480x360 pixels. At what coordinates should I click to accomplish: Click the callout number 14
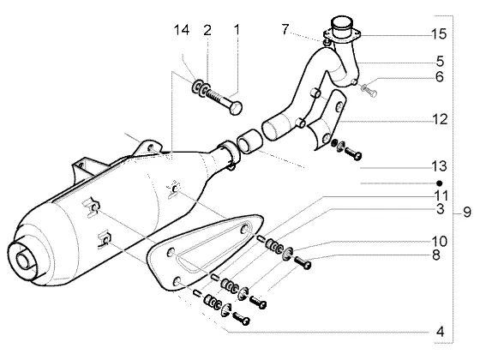pos(182,30)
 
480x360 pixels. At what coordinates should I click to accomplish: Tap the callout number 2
pos(207,30)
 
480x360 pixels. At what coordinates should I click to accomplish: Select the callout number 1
pos(237,30)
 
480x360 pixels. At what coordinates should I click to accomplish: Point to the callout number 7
pos(285,29)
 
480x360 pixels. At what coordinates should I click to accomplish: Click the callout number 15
pos(439,34)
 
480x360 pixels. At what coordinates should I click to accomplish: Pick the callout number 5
pos(440,61)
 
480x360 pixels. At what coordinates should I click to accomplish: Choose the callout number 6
pos(440,76)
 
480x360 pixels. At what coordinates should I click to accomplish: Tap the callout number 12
pos(440,119)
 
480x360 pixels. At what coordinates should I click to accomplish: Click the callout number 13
pos(439,166)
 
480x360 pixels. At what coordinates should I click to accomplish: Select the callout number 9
pos(467,212)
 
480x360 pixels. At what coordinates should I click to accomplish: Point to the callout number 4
pos(440,332)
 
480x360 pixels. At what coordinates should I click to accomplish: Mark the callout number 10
pos(439,242)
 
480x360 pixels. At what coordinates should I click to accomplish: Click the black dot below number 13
pos(440,183)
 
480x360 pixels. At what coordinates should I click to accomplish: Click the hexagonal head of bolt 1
pos(236,108)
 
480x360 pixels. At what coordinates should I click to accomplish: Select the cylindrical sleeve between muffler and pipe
pos(249,141)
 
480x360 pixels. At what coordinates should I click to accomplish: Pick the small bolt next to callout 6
pos(369,90)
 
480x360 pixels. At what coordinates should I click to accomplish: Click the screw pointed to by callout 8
pos(303,262)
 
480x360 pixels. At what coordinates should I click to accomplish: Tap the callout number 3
pos(440,209)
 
